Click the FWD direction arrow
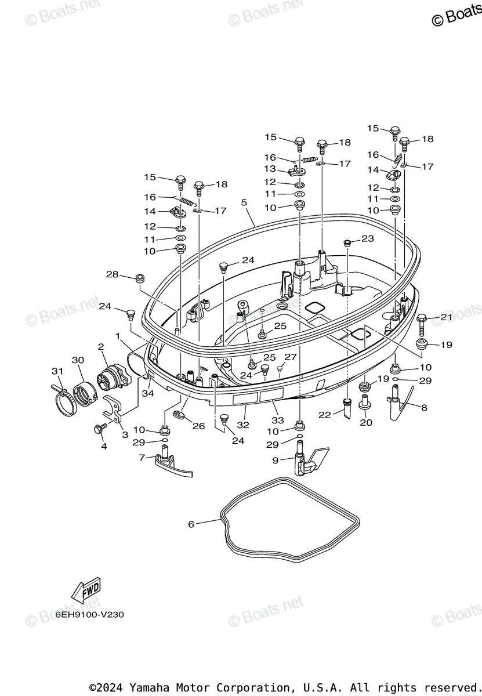(x=86, y=589)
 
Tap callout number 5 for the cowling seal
(x=244, y=202)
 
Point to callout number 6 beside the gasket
(x=191, y=524)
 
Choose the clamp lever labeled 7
(x=172, y=465)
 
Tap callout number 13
(x=270, y=169)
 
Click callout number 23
(x=368, y=238)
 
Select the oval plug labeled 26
(x=179, y=415)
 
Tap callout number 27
(x=290, y=357)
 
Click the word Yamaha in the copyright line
(x=150, y=687)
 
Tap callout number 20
(x=366, y=423)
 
